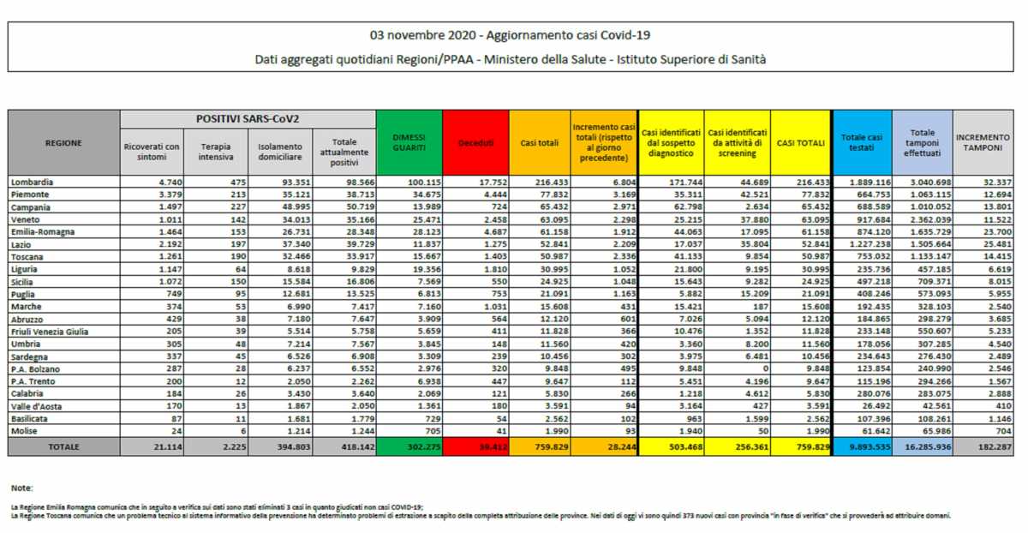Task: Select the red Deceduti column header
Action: [475, 143]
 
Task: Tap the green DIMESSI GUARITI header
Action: [409, 143]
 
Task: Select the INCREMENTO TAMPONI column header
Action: [983, 143]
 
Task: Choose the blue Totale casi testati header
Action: [862, 143]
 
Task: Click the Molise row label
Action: [26, 431]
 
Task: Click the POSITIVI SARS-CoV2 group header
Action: [248, 118]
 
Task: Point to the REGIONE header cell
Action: [64, 143]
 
